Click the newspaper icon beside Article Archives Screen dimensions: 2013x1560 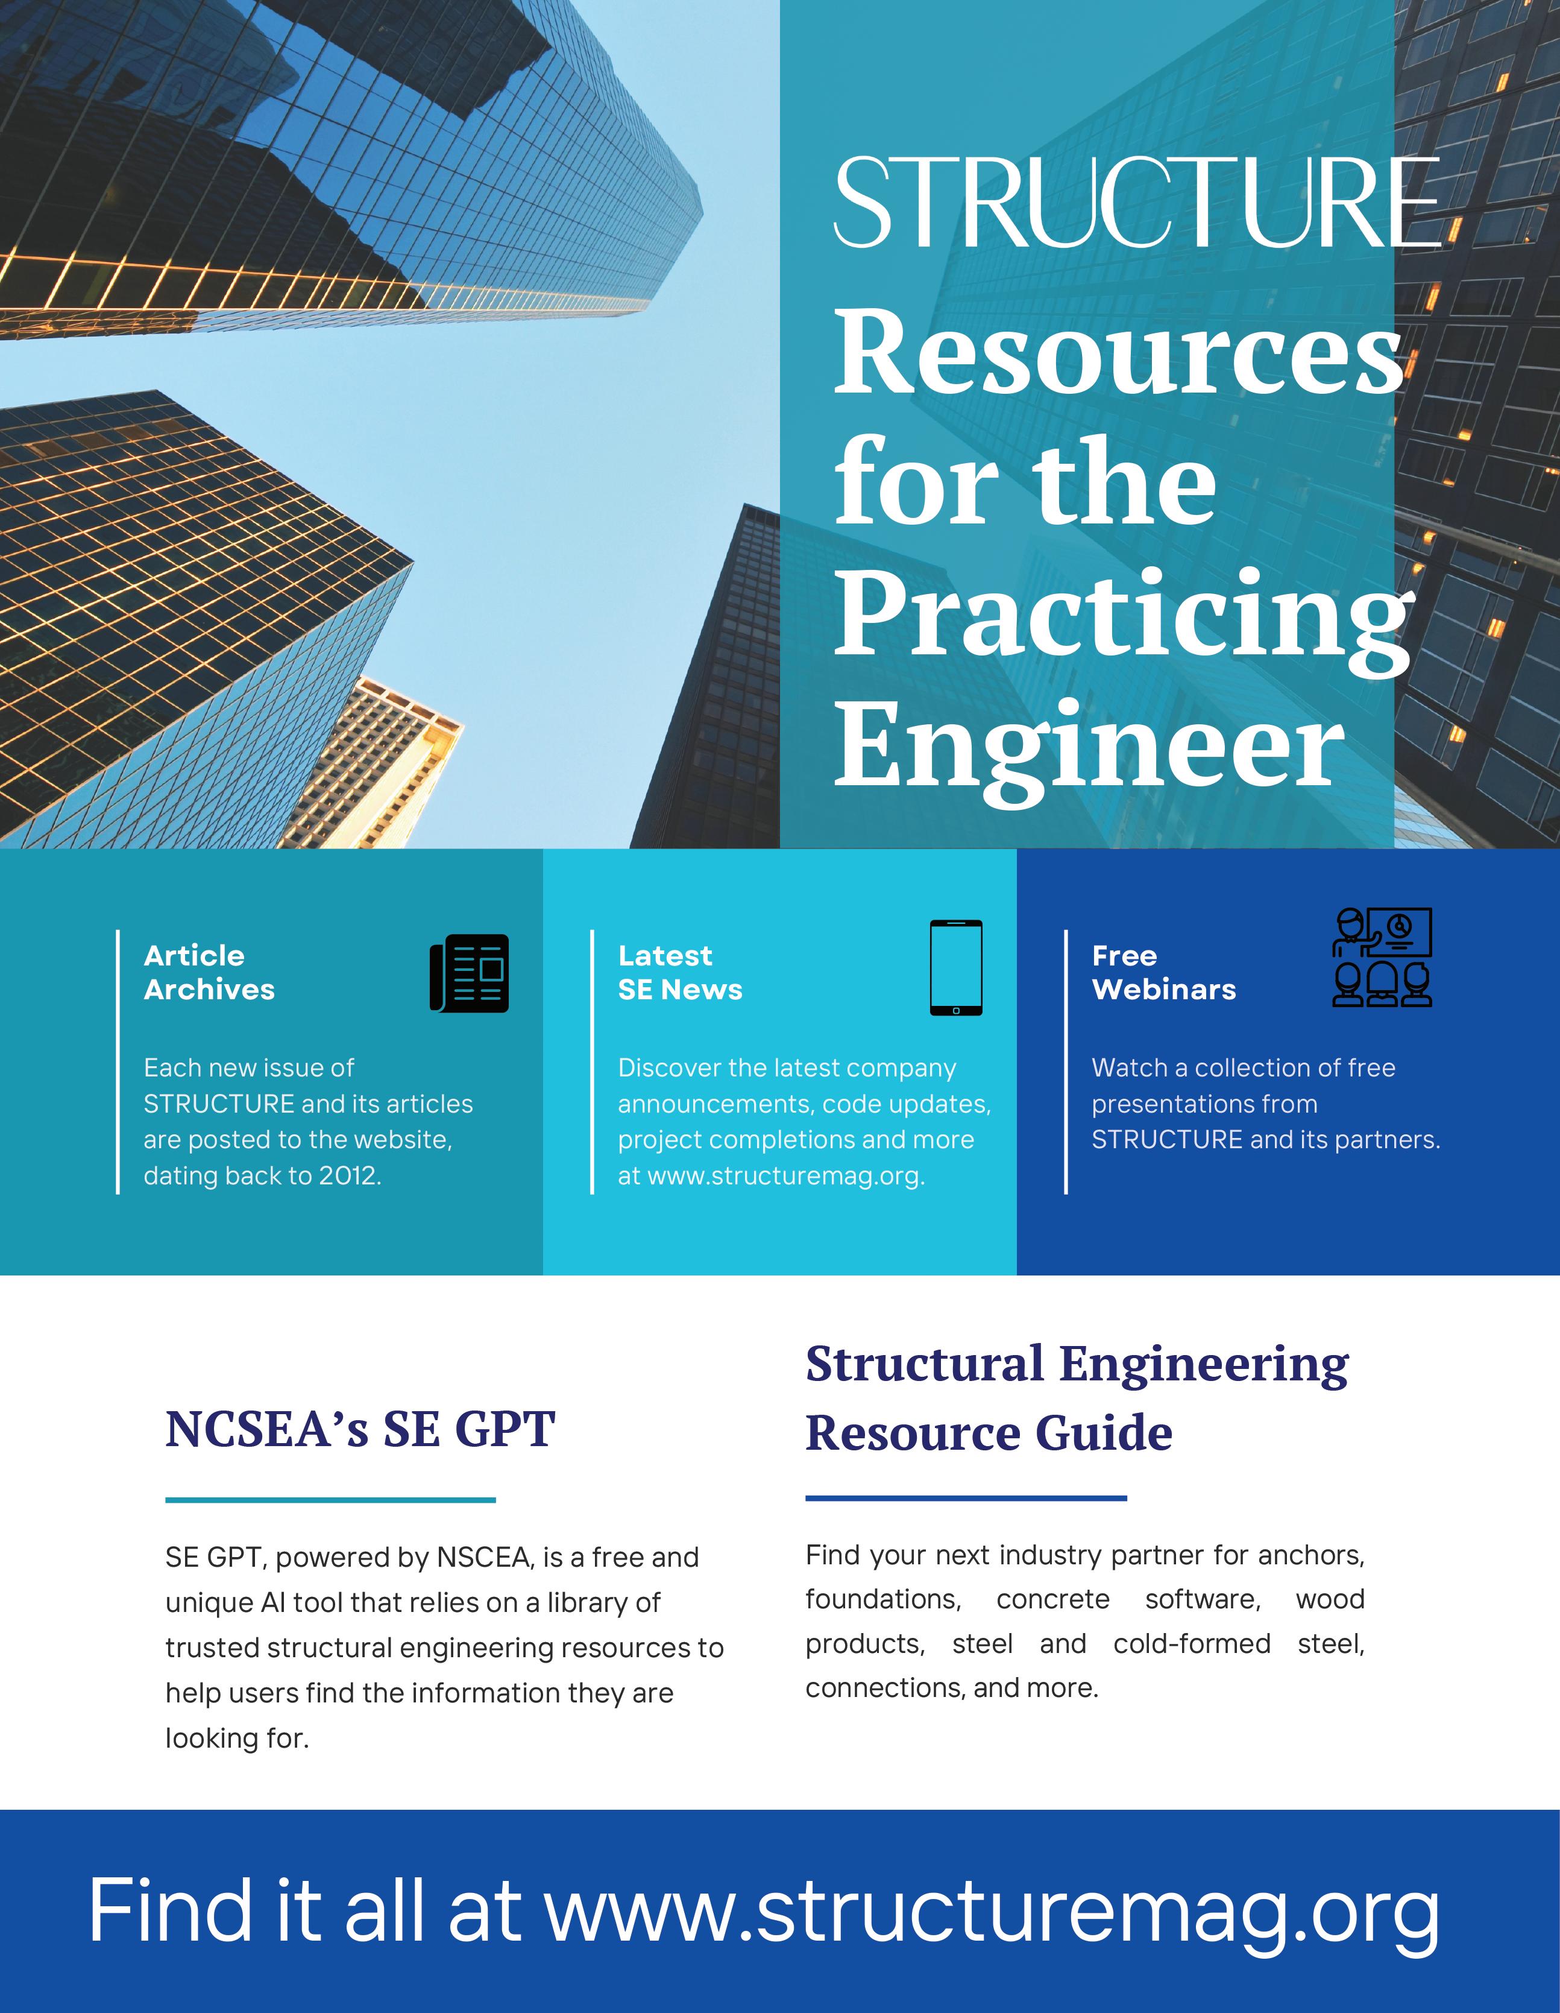[469, 973]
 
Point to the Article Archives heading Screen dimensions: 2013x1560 [209, 972]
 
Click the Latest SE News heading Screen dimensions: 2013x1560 [680, 972]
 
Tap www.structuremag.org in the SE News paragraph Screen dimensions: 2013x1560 [785, 1176]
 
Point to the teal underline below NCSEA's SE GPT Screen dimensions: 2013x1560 [330, 1500]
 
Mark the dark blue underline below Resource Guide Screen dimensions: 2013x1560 [966, 1499]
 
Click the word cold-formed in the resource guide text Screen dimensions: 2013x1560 [1192, 1643]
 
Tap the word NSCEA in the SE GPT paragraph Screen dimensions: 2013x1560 [484, 1558]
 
